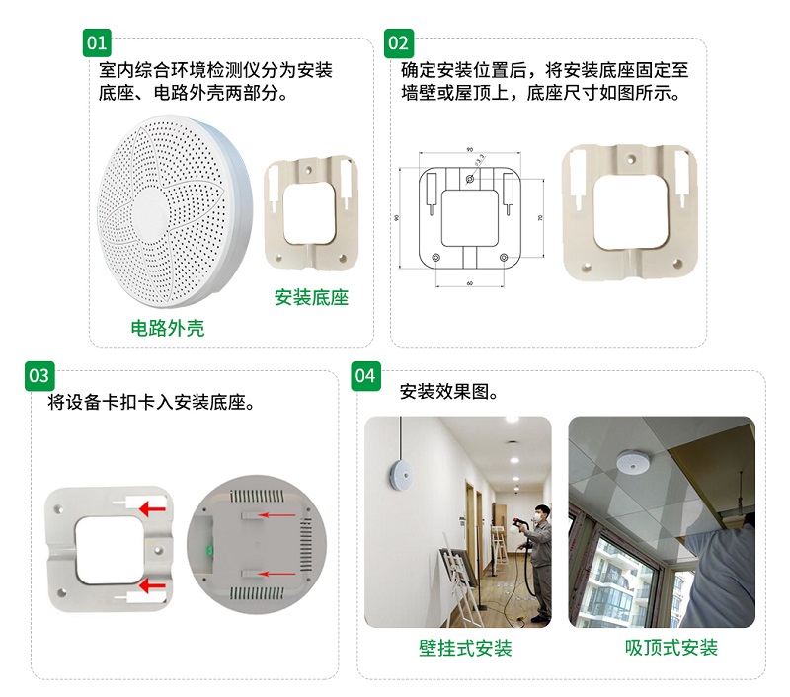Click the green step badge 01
pos(96,43)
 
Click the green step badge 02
pos(398,43)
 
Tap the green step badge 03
pos(39,376)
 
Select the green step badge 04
pos(365,376)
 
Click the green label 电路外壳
pos(168,328)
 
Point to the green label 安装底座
pos(311,297)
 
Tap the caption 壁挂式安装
pos(465,649)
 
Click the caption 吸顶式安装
pos(671,649)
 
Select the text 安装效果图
pos(449,392)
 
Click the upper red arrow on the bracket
pos(151,508)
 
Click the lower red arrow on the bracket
pos(151,587)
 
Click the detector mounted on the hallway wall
pos(398,473)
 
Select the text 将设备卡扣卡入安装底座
pos(152,404)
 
